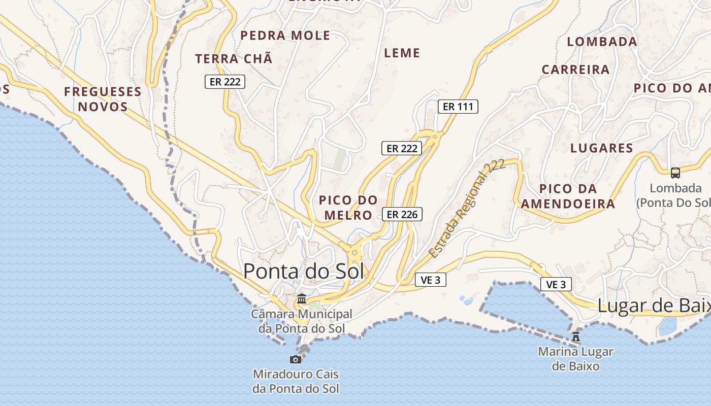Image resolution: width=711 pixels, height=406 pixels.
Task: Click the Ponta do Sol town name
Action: pos(304,271)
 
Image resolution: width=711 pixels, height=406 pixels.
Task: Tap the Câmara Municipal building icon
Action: pos(302,298)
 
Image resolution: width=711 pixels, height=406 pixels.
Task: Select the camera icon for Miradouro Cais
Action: pos(295,359)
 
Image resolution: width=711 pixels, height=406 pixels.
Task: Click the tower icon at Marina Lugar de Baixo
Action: pos(576,336)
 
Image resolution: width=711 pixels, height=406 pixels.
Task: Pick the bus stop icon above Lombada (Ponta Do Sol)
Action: pos(675,173)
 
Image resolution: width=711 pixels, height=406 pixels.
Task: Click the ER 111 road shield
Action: pos(458,107)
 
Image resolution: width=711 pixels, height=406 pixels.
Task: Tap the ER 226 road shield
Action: pos(402,214)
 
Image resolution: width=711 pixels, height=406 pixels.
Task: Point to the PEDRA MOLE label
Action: pos(285,36)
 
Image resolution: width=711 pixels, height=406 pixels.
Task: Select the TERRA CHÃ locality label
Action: pos(234,59)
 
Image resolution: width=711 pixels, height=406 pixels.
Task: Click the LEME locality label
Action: pos(402,53)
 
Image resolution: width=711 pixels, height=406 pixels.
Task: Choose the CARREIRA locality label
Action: pos(575,70)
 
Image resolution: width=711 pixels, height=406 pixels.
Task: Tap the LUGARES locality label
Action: pos(602,148)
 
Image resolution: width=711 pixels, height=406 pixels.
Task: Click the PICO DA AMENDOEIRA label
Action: pos(568,196)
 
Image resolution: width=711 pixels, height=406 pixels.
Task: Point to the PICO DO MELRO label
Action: pos(348,208)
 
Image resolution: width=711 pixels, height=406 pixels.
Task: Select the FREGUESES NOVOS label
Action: pos(103,99)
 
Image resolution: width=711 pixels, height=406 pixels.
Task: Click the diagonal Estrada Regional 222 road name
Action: pos(467,208)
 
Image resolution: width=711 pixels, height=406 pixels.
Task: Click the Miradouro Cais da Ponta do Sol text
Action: pos(296,382)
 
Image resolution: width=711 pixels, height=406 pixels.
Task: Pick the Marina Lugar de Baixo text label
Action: pos(575,358)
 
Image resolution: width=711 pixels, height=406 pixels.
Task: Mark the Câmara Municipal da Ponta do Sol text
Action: pos(302,321)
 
